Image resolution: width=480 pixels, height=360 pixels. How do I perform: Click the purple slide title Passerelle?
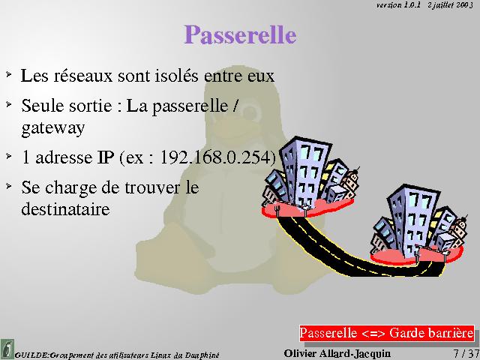(240, 35)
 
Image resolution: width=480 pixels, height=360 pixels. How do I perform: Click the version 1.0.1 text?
(398, 5)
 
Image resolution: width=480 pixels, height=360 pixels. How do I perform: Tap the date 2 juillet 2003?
(451, 5)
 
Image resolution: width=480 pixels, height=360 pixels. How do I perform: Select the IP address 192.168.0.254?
(216, 157)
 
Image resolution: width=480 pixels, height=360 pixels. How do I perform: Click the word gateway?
(53, 128)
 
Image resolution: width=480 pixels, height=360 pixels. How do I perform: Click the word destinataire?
(65, 208)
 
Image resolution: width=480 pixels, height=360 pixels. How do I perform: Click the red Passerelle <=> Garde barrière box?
(387, 333)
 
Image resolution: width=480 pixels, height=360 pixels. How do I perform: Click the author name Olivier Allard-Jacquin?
(337, 353)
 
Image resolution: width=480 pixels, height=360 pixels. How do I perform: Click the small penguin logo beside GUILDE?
(7, 349)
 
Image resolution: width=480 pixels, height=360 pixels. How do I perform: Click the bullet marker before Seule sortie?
(8, 104)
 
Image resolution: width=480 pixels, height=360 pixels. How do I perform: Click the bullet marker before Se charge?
(8, 185)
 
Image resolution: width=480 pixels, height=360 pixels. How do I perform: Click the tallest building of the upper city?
(304, 172)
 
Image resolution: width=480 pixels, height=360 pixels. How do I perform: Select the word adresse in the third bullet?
(64, 157)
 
